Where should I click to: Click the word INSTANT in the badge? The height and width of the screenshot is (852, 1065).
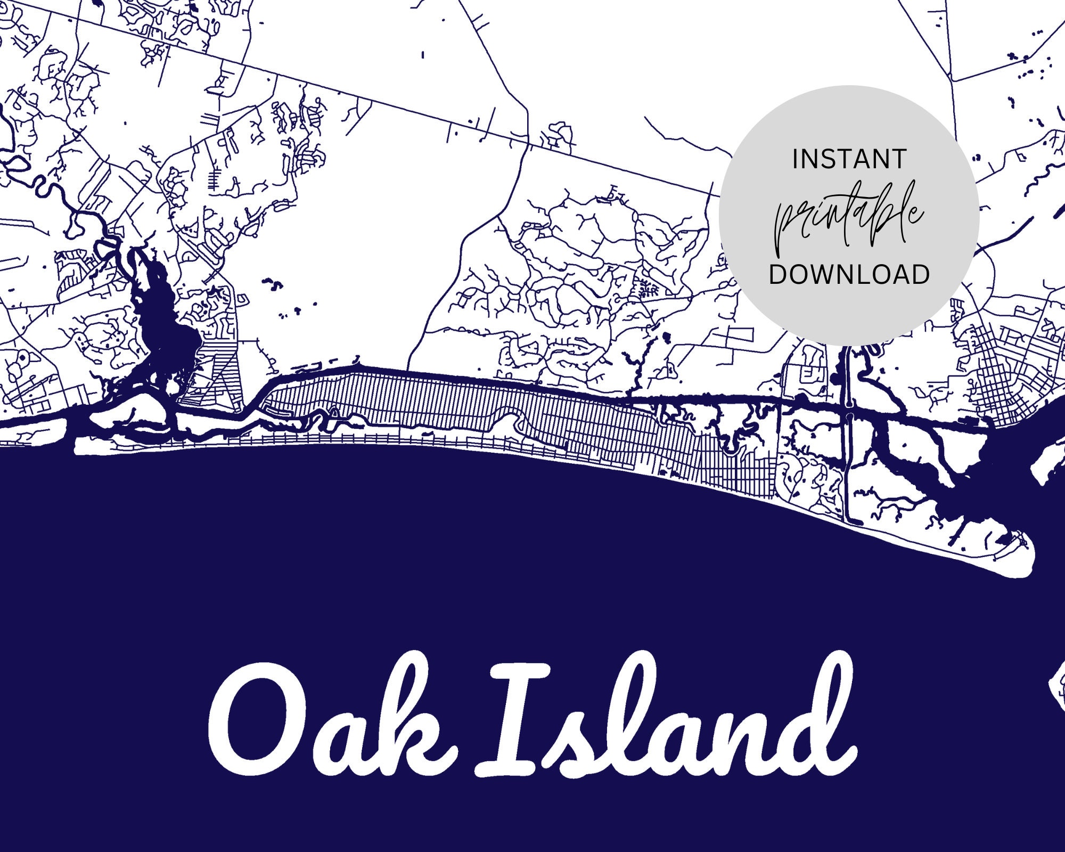849,159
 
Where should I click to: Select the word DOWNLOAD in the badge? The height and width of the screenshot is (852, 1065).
849,274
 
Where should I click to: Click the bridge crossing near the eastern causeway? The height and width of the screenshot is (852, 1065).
850,413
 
